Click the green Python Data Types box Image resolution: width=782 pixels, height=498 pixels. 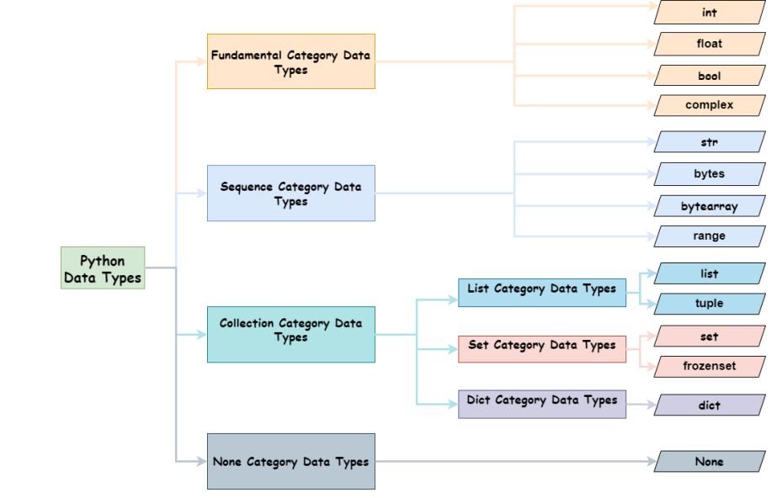point(103,268)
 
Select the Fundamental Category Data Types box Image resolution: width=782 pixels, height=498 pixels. point(290,61)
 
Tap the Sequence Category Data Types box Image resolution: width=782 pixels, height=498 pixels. point(290,193)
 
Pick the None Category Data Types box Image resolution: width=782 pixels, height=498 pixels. point(290,461)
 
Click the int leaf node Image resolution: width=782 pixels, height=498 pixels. point(710,13)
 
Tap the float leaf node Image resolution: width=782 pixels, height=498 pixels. point(710,44)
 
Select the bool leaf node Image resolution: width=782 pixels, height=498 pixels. point(710,75)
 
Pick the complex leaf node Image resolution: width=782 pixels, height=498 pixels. point(710,105)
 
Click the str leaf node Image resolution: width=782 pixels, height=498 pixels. point(710,142)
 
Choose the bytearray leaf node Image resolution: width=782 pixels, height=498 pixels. point(710,205)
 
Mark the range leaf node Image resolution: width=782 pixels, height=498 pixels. point(710,236)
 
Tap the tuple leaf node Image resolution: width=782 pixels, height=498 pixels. point(710,304)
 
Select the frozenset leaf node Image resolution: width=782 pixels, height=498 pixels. point(710,366)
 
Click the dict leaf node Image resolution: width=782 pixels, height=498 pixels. point(710,405)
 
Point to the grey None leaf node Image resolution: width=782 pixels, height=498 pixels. point(710,461)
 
